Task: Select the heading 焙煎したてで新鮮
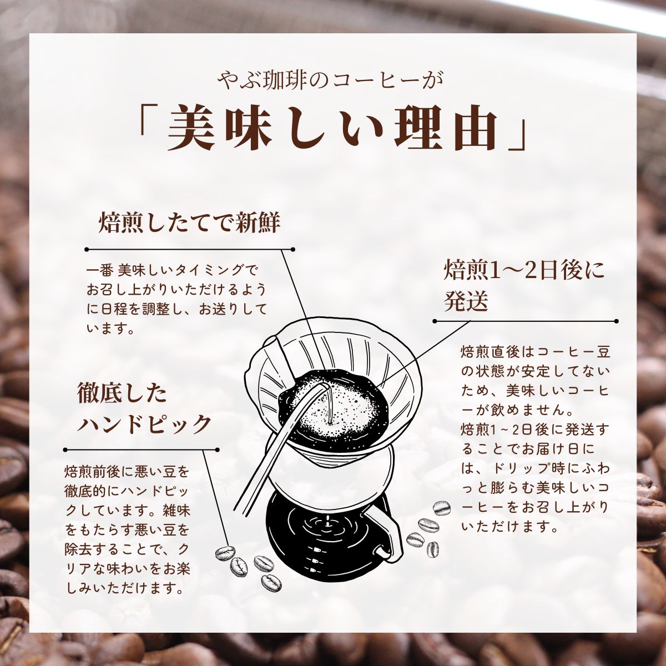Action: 189,223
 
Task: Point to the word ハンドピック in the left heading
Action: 144,423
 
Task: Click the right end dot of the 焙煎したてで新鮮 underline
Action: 292,249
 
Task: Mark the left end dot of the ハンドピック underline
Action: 65,450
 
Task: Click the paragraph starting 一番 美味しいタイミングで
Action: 176,300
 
